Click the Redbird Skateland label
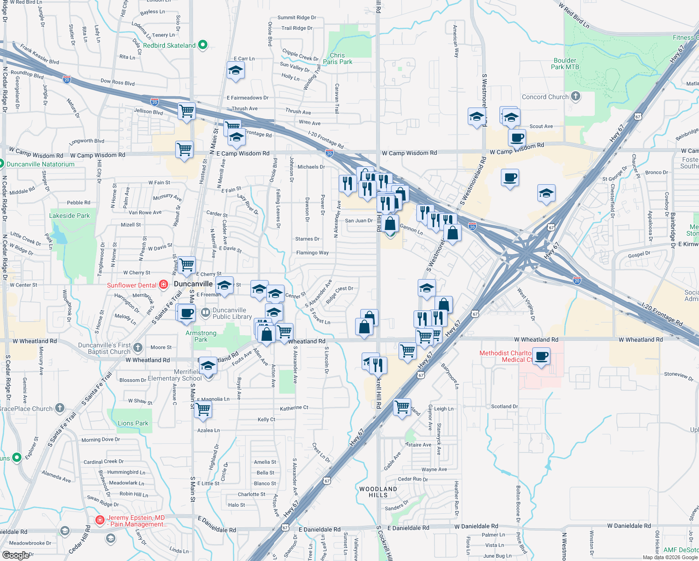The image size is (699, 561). click(x=169, y=45)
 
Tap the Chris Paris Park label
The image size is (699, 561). click(x=337, y=58)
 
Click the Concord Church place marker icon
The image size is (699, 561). click(x=576, y=96)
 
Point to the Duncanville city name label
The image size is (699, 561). click(x=193, y=284)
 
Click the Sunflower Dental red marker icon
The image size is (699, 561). click(x=164, y=284)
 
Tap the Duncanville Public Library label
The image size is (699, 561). click(x=232, y=313)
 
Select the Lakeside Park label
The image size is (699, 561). click(x=70, y=216)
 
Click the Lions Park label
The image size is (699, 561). click(x=133, y=423)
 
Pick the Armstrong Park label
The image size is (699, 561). click(x=201, y=336)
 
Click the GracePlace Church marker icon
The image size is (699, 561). click(x=60, y=408)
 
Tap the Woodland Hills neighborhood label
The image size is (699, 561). click(x=378, y=492)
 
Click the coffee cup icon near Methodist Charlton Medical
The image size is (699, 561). click(x=541, y=357)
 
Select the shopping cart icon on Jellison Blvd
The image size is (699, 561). click(x=186, y=111)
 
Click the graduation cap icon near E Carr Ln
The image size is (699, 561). click(x=235, y=71)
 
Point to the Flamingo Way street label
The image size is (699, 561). click(x=312, y=252)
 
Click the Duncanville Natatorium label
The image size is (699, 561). click(x=40, y=164)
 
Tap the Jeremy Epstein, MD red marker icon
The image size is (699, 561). click(x=100, y=520)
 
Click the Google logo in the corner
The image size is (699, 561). click(x=15, y=555)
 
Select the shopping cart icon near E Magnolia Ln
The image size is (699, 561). click(x=203, y=409)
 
